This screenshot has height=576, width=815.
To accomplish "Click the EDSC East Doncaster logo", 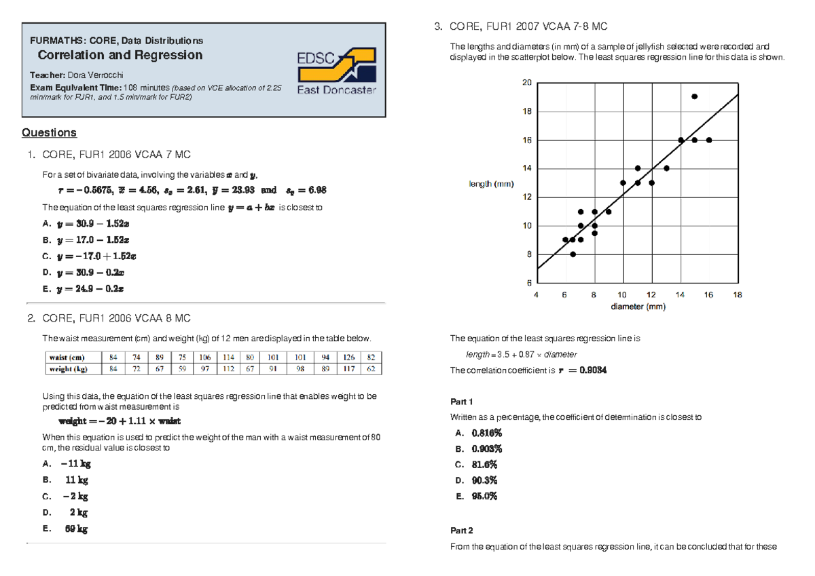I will click(x=336, y=71).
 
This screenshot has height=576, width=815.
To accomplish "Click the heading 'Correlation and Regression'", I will click(x=120, y=55).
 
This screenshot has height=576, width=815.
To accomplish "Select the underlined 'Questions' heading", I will click(x=49, y=132).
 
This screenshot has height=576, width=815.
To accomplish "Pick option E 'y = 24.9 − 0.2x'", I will click(x=92, y=288).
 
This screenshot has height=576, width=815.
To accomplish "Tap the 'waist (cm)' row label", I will click(x=67, y=357).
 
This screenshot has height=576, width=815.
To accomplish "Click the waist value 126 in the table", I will click(x=348, y=357).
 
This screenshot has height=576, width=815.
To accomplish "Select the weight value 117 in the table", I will click(x=348, y=369).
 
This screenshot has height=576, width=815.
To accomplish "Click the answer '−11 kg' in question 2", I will click(x=75, y=464).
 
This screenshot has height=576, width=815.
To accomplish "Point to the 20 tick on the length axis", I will click(x=526, y=83).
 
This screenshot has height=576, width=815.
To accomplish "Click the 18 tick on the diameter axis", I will click(x=738, y=295).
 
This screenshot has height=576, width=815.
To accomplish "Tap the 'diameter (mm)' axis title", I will click(x=638, y=307).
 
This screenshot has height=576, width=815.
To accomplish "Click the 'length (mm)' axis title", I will click(x=492, y=184).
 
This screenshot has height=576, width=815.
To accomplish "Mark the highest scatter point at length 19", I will click(x=694, y=96).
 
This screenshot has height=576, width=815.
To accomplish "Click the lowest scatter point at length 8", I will click(x=573, y=254).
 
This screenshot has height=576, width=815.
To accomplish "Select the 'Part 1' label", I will click(x=461, y=401).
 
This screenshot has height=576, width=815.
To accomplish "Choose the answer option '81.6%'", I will click(x=484, y=465).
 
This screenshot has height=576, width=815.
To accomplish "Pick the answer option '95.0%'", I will click(x=485, y=497).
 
